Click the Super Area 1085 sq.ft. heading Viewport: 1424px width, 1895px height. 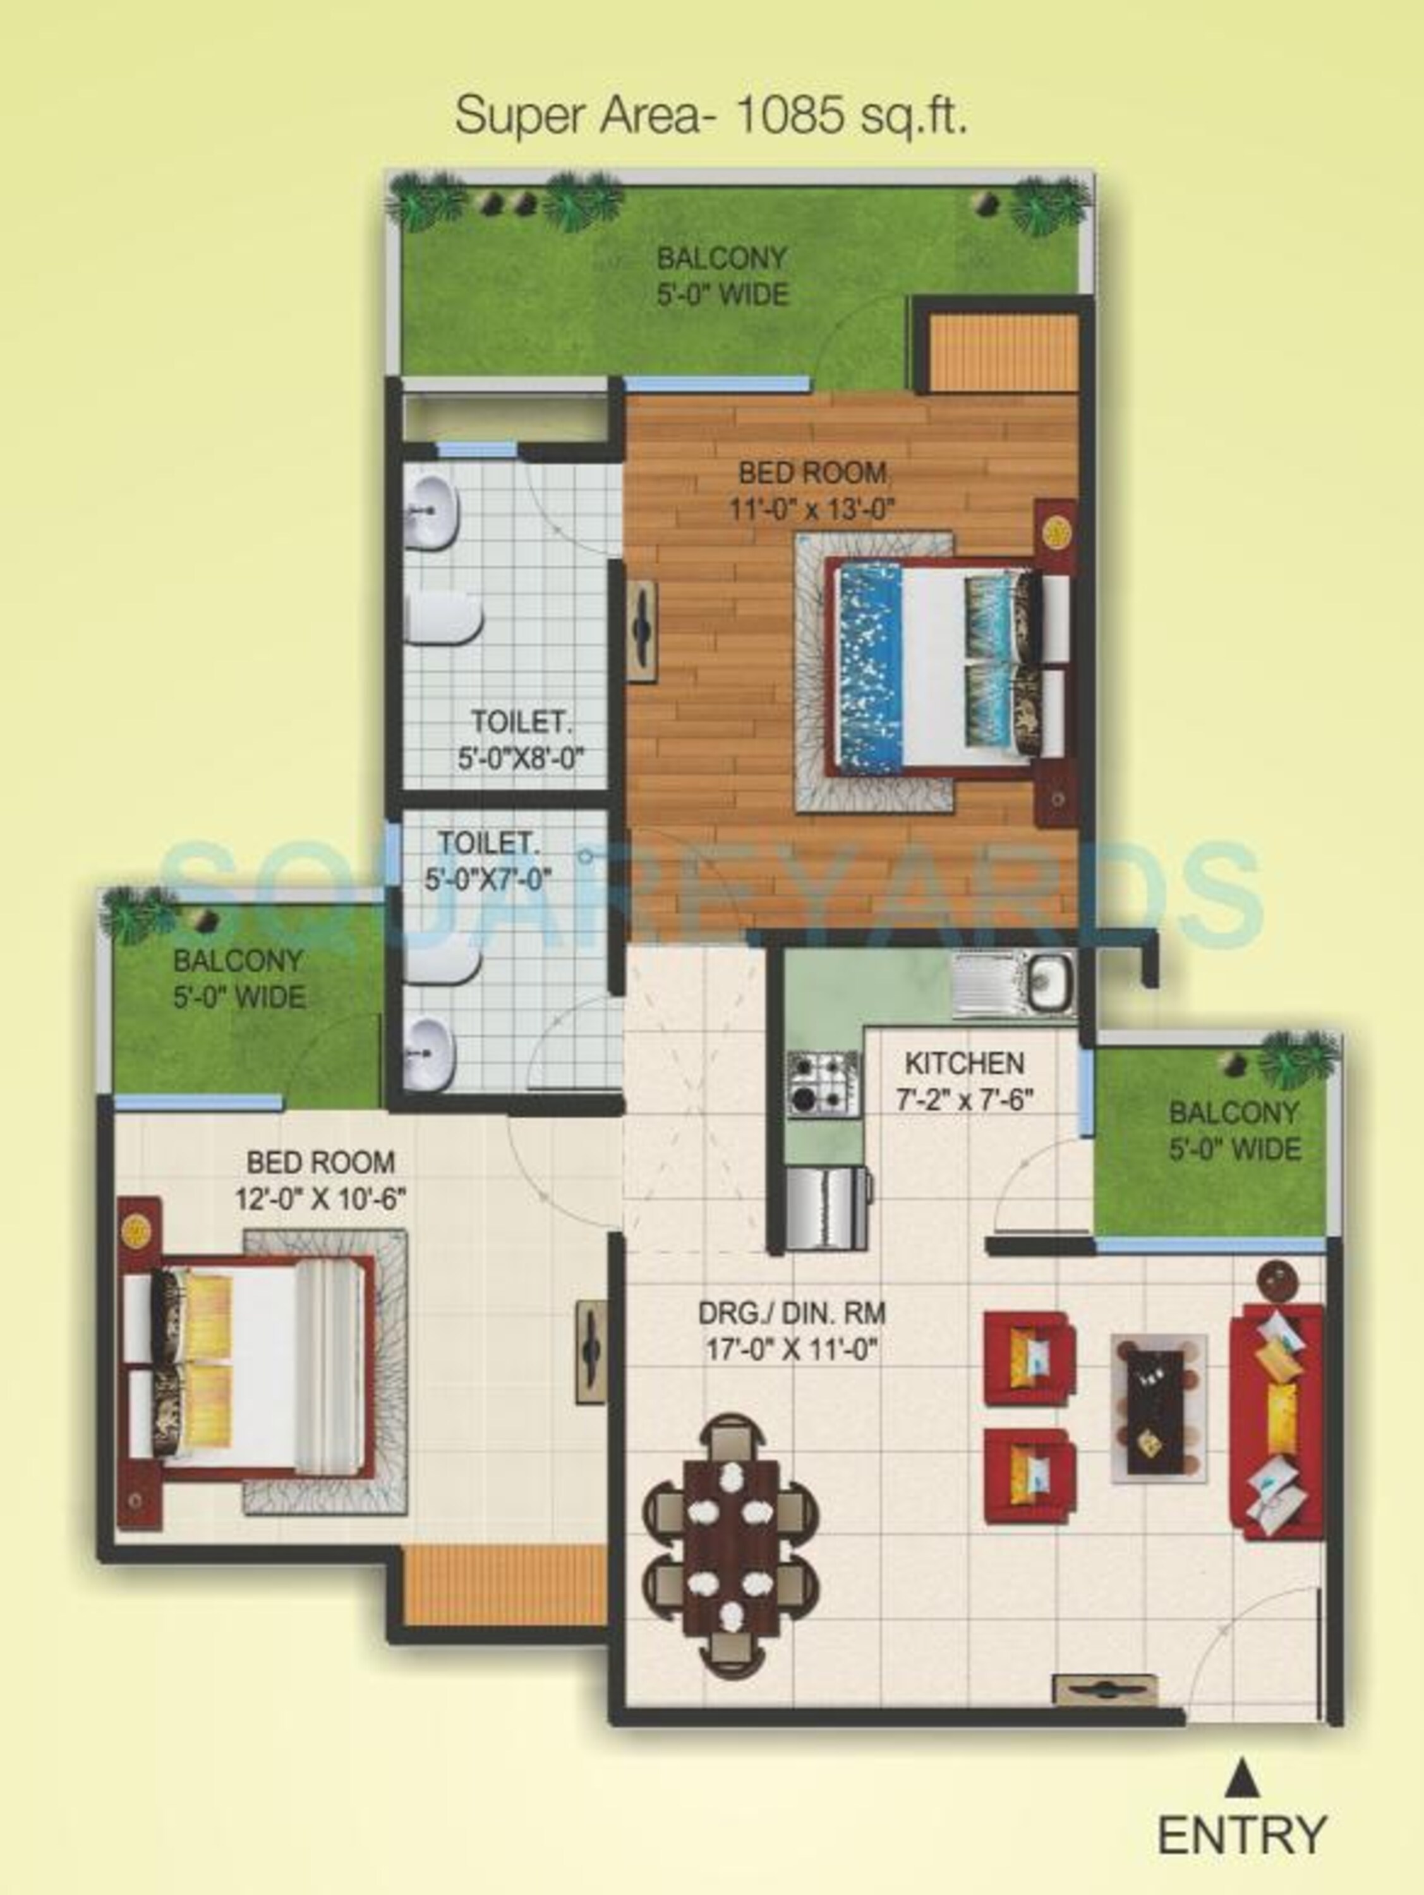tap(711, 116)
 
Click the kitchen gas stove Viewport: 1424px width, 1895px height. tap(823, 1084)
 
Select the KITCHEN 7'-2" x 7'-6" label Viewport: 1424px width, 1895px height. tap(965, 1081)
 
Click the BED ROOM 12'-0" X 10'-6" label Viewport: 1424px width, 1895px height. tap(320, 1180)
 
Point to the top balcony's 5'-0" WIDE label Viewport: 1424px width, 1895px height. tap(722, 295)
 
